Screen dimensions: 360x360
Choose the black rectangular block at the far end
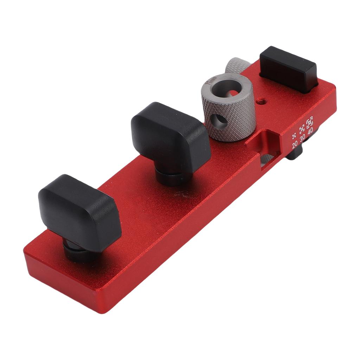click(x=288, y=69)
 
